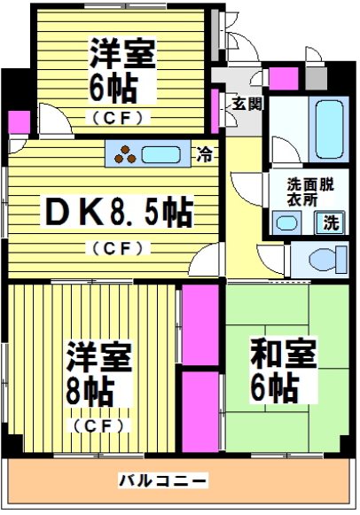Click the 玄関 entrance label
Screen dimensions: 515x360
tap(247, 104)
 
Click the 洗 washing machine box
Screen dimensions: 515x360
tap(330, 222)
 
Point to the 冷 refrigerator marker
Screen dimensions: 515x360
tap(206, 154)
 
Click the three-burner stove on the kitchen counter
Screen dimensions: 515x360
tap(125, 154)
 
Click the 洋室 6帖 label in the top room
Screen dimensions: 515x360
tap(122, 71)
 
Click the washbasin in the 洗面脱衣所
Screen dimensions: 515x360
tap(285, 222)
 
